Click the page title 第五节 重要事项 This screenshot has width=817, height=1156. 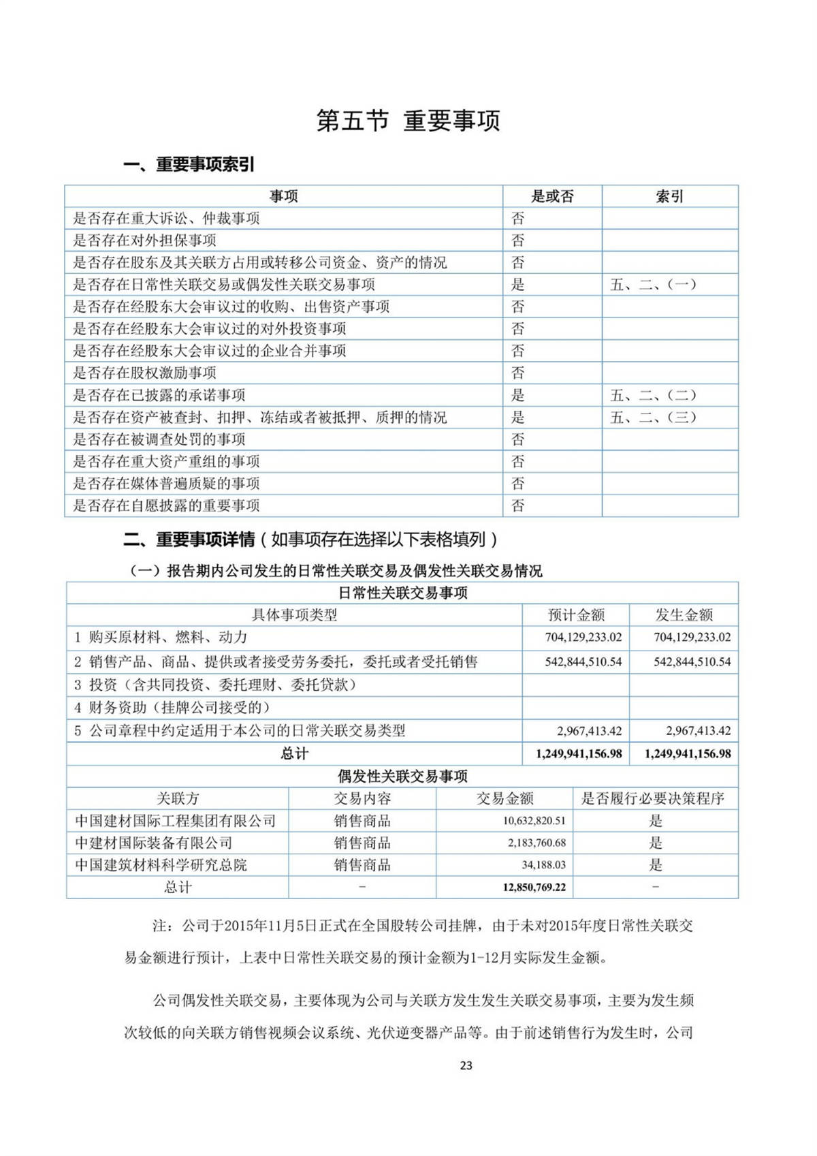click(x=408, y=121)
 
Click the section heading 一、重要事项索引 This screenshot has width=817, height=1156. click(x=189, y=164)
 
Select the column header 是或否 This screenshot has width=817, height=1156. click(x=552, y=196)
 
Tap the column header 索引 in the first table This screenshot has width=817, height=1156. click(x=669, y=196)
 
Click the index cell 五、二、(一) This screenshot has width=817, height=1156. click(x=653, y=285)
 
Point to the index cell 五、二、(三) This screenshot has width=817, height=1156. click(x=653, y=417)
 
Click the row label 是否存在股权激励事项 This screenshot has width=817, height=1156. click(x=144, y=373)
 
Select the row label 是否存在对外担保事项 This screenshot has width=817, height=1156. click(x=144, y=240)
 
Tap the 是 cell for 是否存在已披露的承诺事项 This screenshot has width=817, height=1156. click(x=518, y=395)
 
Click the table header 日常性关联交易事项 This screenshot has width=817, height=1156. click(x=402, y=593)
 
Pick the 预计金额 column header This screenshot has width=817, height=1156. click(x=576, y=615)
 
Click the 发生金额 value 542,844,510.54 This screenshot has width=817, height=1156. click(x=692, y=661)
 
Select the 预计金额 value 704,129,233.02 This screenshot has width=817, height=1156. click(x=583, y=638)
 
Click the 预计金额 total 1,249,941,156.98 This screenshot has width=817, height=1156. click(x=579, y=753)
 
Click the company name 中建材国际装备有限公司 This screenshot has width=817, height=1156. click(x=154, y=843)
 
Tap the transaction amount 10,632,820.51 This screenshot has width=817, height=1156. click(x=534, y=821)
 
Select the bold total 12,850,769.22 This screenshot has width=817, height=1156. click(x=534, y=887)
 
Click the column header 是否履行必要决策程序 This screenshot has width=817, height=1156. click(x=652, y=798)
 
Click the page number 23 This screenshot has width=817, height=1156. click(x=466, y=1065)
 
